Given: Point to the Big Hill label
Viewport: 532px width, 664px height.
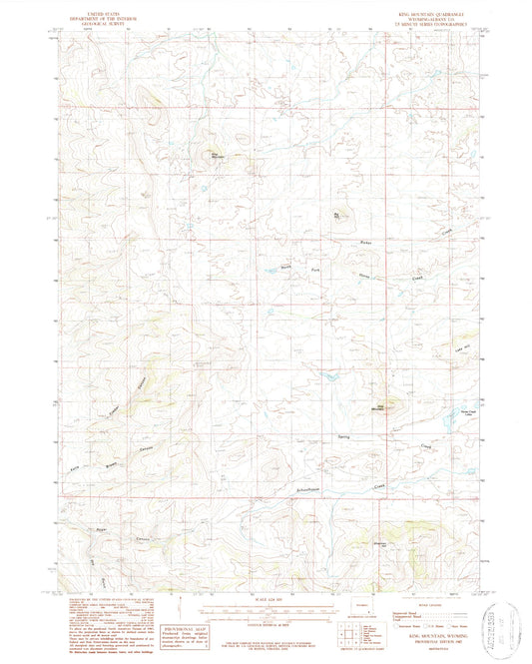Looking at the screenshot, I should point(337,214).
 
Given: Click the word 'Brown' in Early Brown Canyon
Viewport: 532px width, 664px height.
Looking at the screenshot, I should point(112,448).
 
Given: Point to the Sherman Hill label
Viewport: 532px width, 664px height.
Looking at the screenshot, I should point(406,544).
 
